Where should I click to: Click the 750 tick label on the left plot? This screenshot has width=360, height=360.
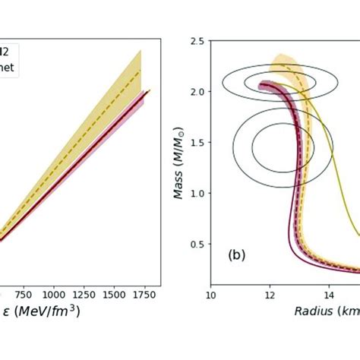23,292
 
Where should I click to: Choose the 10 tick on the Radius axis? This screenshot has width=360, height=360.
212,292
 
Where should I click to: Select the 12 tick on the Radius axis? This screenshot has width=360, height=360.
270,292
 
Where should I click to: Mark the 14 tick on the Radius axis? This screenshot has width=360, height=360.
330,292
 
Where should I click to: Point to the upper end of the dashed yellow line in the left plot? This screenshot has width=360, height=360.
141,70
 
